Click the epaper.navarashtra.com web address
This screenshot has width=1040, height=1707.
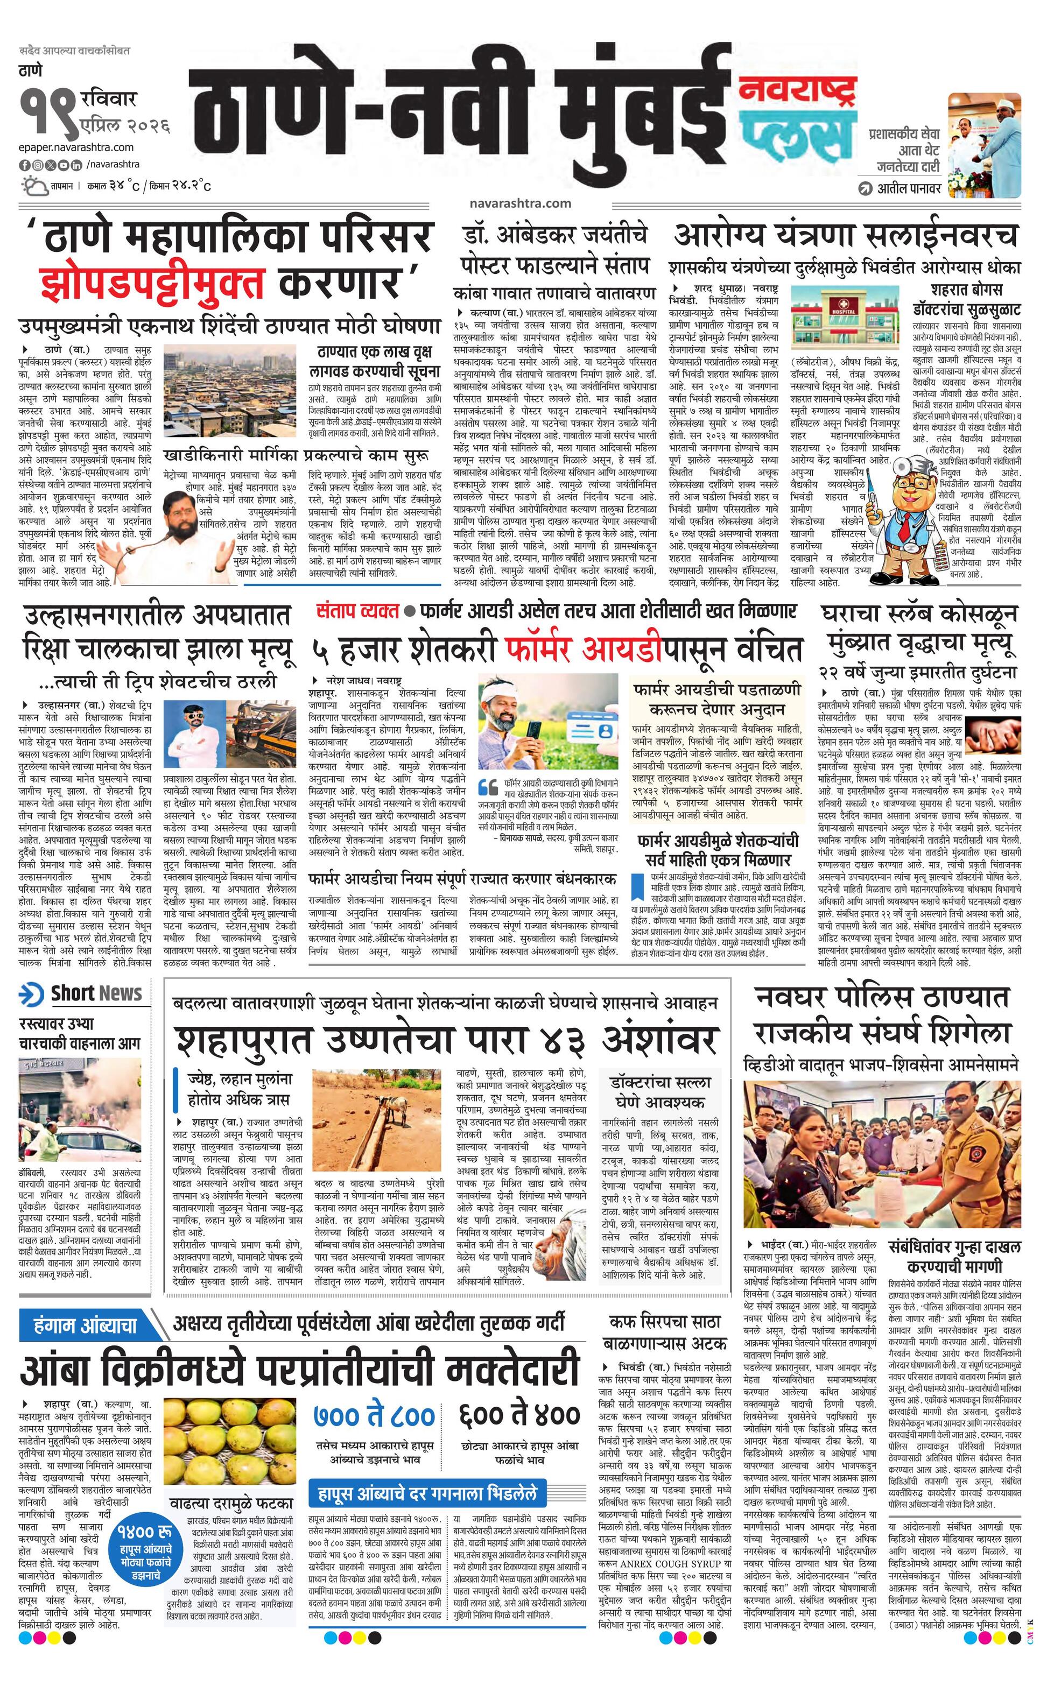pos(76,147)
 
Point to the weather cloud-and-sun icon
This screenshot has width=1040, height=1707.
pos(33,186)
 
